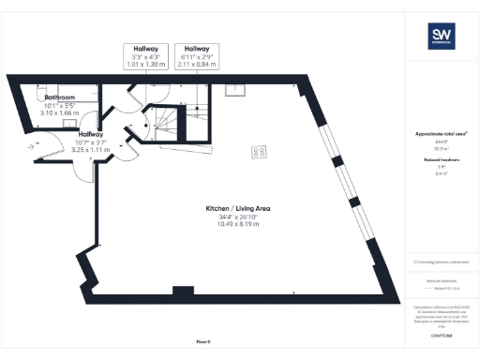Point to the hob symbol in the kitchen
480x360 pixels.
pos(257,152)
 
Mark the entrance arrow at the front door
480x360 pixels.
pos(36,147)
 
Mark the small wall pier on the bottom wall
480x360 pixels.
pos(175,290)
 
